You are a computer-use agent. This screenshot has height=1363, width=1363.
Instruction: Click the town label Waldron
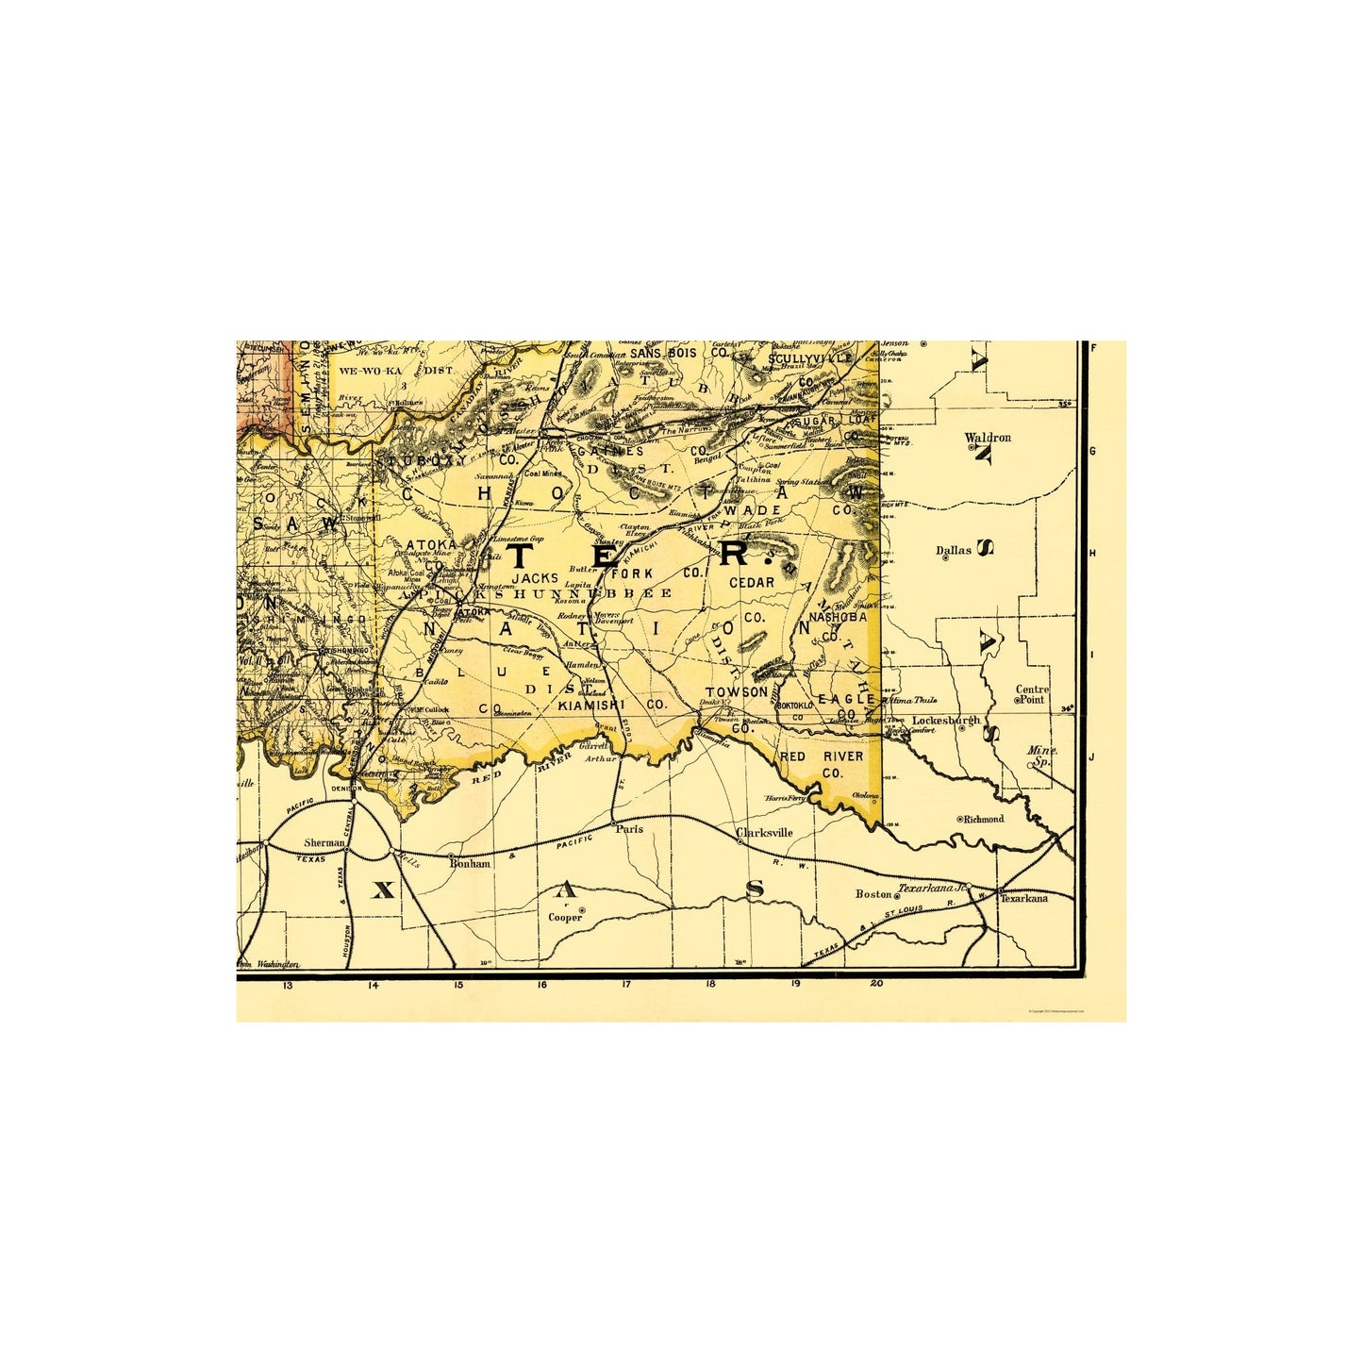click(988, 438)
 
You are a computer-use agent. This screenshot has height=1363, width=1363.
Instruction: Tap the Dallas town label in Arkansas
click(953, 550)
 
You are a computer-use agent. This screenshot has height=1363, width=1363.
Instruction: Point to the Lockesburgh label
click(945, 721)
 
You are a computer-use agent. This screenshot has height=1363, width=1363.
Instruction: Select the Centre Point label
click(1032, 694)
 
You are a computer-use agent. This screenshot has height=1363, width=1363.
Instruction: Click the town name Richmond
click(983, 819)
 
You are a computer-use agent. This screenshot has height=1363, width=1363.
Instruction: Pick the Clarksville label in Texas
click(764, 833)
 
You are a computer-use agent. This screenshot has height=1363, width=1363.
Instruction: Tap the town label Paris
click(628, 829)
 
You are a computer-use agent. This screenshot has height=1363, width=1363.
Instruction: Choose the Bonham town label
click(470, 863)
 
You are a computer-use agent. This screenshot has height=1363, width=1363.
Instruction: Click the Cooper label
click(566, 917)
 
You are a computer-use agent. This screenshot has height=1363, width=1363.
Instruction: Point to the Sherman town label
click(324, 842)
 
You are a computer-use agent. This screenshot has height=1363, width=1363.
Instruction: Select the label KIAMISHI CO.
click(612, 705)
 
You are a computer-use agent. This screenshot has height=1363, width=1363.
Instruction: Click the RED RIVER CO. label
click(821, 764)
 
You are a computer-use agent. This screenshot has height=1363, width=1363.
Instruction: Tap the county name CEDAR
click(751, 583)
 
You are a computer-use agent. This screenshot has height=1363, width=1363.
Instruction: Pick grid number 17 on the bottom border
click(626, 985)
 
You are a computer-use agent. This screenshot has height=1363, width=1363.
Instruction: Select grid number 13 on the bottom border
click(287, 985)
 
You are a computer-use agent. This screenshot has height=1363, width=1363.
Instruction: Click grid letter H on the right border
click(1093, 554)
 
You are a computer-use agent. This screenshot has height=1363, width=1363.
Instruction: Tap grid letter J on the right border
click(1092, 757)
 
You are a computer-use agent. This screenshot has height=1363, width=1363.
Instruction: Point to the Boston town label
click(873, 893)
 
